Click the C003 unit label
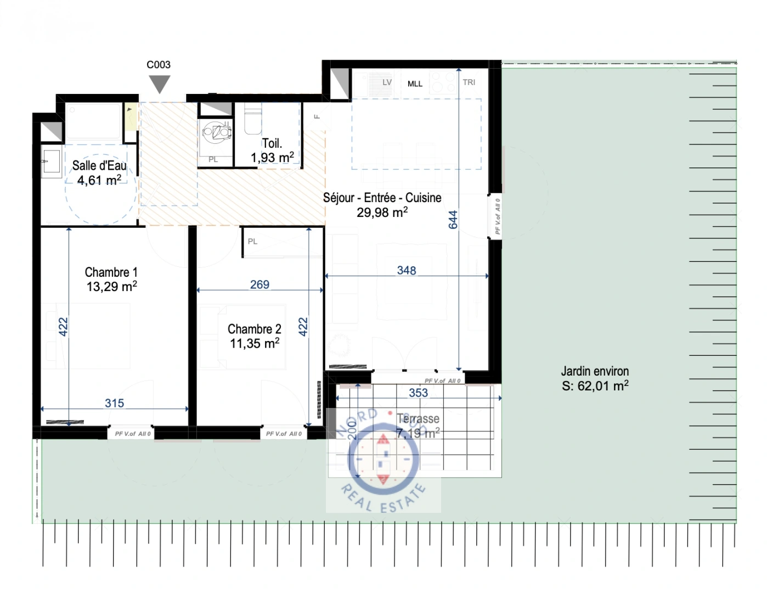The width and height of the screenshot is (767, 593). point(159,65)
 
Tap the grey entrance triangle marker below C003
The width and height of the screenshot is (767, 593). point(160,84)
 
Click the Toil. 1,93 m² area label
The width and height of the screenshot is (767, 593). point(272,150)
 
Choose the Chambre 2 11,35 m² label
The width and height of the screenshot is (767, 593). point(255,336)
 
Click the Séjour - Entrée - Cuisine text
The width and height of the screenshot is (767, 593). point(382,198)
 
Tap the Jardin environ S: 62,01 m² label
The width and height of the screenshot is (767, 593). point(595,378)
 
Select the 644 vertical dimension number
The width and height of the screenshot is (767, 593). point(453,220)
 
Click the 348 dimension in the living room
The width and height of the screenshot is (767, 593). point(407,270)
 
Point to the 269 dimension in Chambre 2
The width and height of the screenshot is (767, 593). point(260,284)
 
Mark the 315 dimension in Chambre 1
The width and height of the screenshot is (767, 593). point(114,403)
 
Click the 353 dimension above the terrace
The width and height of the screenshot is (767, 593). point(418,393)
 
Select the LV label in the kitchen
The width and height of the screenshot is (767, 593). point(387,82)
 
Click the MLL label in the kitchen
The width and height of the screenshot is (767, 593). point(415,84)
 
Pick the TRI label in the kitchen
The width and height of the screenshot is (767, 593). point(469,82)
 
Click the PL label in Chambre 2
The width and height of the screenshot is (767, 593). point(252,241)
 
